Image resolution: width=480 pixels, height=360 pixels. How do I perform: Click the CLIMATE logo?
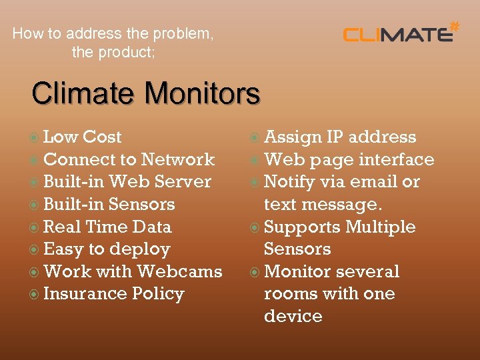[x=398, y=33]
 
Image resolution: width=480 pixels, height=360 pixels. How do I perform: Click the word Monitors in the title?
[x=203, y=93]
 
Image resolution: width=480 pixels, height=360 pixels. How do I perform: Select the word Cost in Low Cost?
[x=101, y=137]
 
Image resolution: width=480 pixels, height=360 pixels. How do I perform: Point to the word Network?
[x=178, y=159]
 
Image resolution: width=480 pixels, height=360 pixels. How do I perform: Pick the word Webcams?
[x=179, y=271]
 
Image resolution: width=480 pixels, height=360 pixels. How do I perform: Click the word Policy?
[x=158, y=294]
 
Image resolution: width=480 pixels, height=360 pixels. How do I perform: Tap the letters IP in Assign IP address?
[x=334, y=137]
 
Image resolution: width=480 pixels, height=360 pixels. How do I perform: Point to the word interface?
[x=397, y=159]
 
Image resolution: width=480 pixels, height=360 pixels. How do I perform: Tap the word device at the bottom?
[x=293, y=316]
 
